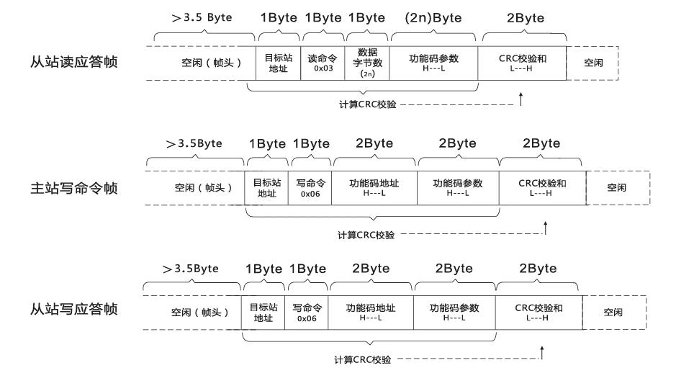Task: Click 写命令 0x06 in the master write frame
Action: pos(310,188)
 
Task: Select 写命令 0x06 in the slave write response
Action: pos(307,312)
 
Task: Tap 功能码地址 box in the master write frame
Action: pos(374,188)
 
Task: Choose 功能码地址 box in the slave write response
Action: pos(370,312)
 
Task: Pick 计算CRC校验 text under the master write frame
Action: pos(366,235)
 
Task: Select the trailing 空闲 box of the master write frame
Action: pos(616,188)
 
